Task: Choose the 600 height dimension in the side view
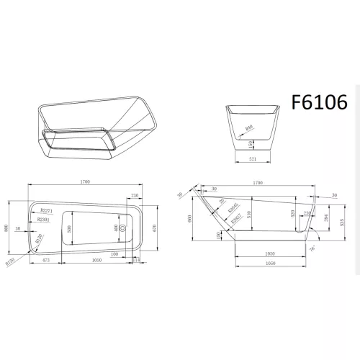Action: click(190, 220)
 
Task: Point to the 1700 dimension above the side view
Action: click(257, 184)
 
